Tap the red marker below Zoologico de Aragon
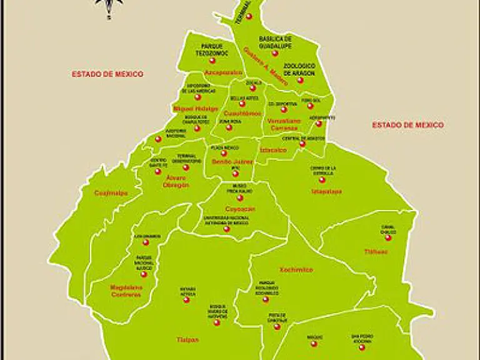pos(300,80)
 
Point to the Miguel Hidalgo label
pos(191,108)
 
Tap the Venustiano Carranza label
pos(284,124)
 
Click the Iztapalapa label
pos(327,192)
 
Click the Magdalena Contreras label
pos(126,291)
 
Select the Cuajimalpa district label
pos(111,193)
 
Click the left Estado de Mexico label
pos(107,74)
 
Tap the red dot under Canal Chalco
pos(388,237)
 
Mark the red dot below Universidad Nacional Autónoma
pos(227,229)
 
